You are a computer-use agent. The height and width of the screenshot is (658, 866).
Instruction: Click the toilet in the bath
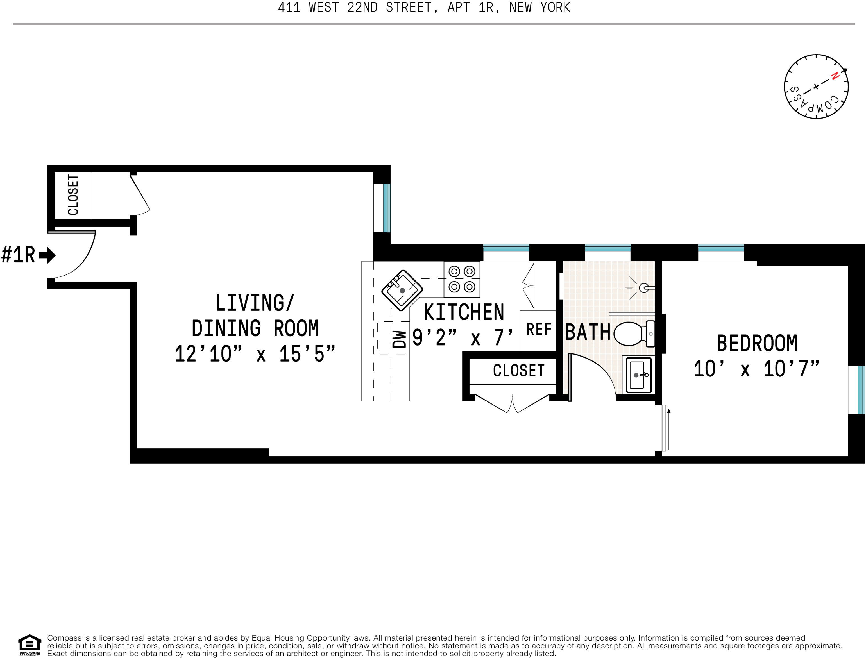pyautogui.click(x=634, y=333)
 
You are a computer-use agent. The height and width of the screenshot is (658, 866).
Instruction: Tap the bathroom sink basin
pyautogui.click(x=639, y=375)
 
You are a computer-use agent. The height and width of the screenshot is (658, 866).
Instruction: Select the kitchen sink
pyautogui.click(x=402, y=290)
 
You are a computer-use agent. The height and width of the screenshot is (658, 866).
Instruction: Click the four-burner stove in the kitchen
pyautogui.click(x=462, y=279)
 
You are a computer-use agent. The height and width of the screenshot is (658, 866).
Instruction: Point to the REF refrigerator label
pyautogui.click(x=539, y=329)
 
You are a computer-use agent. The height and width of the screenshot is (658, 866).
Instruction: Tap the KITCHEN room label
pyautogui.click(x=464, y=312)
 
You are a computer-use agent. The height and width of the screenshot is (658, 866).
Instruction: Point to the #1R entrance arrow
pyautogui.click(x=47, y=255)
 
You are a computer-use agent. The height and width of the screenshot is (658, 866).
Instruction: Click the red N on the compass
pyautogui.click(x=835, y=76)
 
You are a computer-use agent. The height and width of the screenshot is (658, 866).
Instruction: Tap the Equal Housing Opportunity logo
pyautogui.click(x=30, y=645)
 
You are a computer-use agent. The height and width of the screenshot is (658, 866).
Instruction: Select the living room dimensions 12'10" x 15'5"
pyautogui.click(x=255, y=354)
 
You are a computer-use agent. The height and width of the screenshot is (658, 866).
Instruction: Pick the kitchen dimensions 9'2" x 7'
pyautogui.click(x=463, y=337)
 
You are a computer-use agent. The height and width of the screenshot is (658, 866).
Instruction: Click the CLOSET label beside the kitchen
pyautogui.click(x=519, y=370)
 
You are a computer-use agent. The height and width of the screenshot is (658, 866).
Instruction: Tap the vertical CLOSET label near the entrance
pyautogui.click(x=73, y=195)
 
